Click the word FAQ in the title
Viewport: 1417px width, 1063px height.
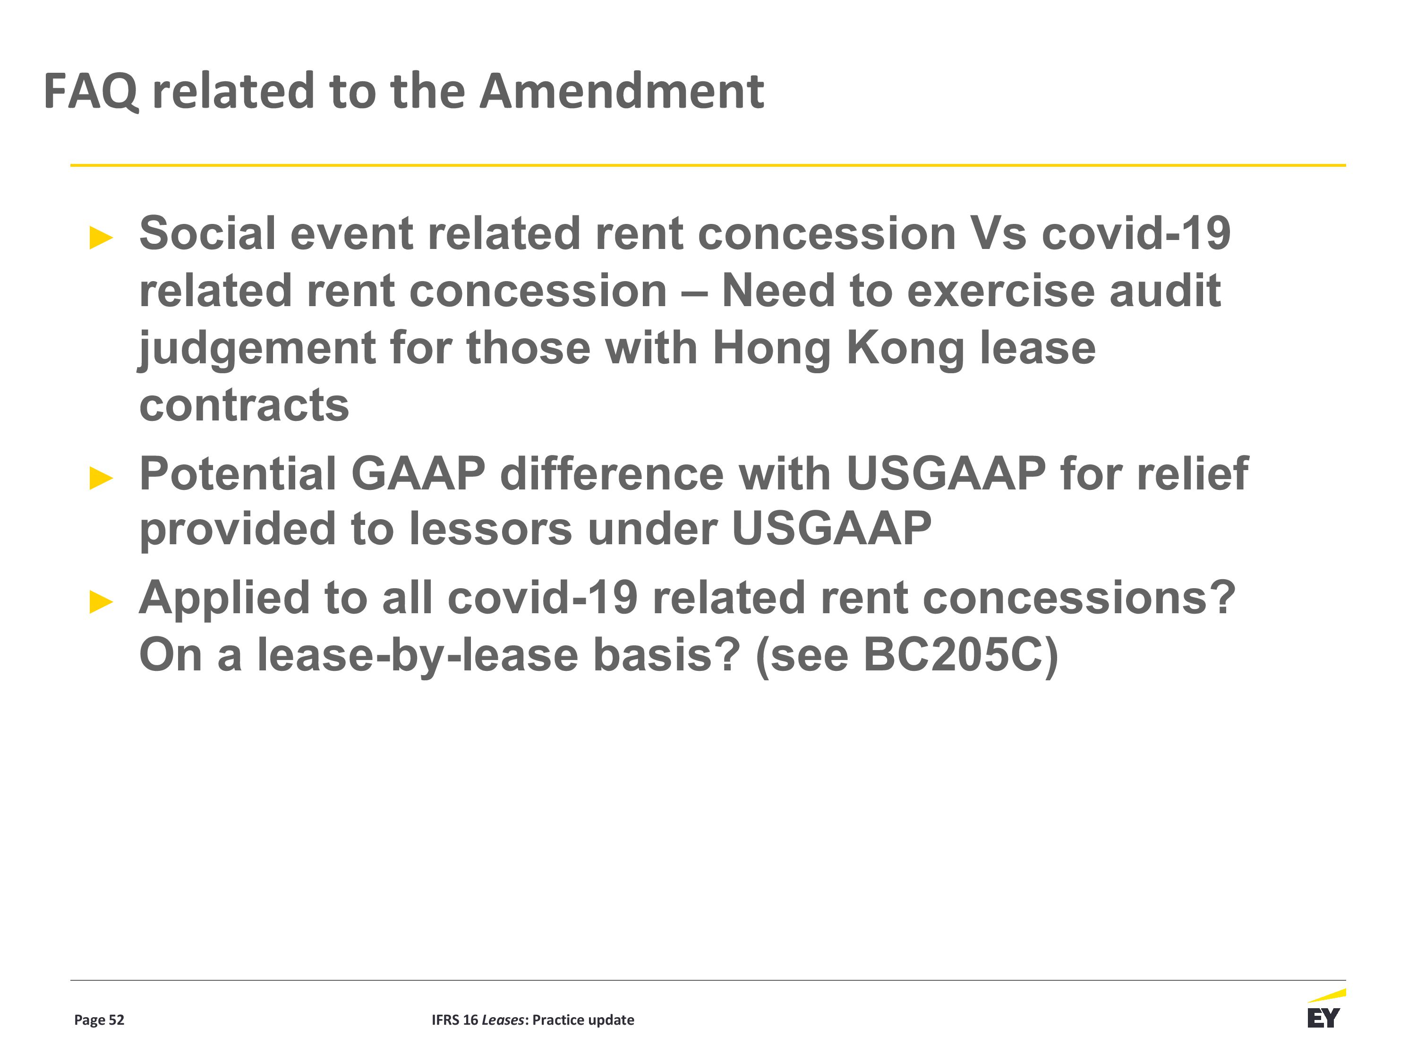coord(90,92)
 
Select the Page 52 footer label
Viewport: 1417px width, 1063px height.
coord(99,1020)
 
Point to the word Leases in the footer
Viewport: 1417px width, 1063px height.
coord(503,1020)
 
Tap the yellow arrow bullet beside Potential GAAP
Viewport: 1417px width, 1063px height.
coord(101,478)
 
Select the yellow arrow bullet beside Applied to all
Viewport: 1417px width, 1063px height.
coord(101,602)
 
